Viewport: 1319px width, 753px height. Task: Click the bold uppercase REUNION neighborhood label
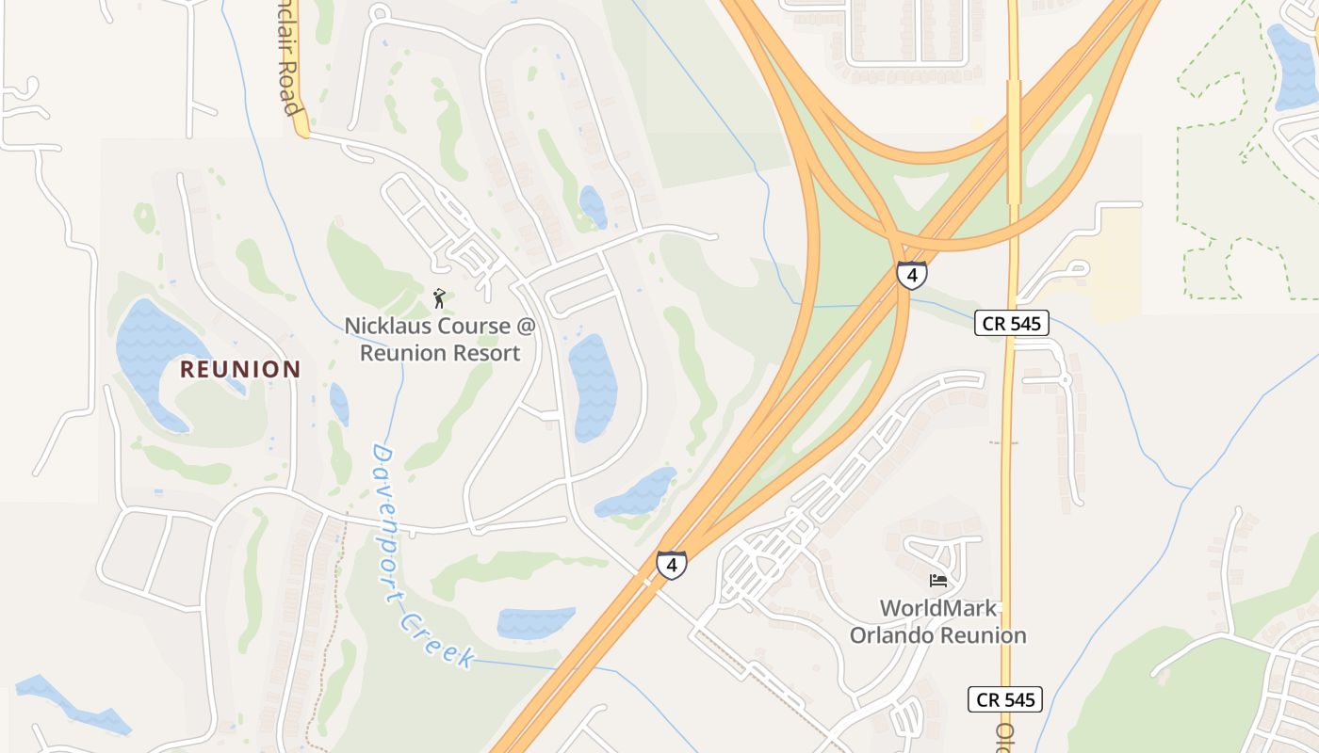pyautogui.click(x=239, y=369)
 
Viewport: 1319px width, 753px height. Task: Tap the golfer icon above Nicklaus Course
pyautogui.click(x=439, y=299)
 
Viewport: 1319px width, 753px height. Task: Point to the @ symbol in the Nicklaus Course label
pyautogui.click(x=526, y=327)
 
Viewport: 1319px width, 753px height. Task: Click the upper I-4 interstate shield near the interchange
pyautogui.click(x=911, y=275)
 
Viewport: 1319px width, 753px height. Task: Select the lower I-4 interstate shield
pyautogui.click(x=671, y=565)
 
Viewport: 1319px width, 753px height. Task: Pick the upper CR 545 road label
pyautogui.click(x=1011, y=323)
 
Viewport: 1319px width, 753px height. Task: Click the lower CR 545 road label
pyautogui.click(x=1004, y=699)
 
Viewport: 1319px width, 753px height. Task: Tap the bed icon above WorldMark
pyautogui.click(x=937, y=580)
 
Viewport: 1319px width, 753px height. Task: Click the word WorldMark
pyautogui.click(x=937, y=608)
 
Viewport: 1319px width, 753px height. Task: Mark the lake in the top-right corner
pyautogui.click(x=1292, y=66)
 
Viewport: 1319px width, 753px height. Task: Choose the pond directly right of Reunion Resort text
pyautogui.click(x=592, y=386)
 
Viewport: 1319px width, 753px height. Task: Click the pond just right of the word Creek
pyautogui.click(x=534, y=623)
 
